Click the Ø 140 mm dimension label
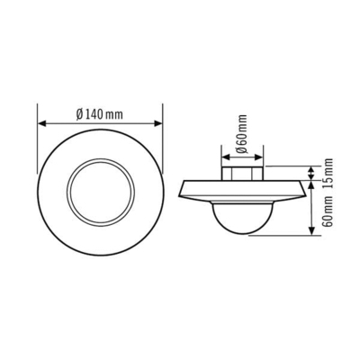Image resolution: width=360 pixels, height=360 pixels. click(x=99, y=113)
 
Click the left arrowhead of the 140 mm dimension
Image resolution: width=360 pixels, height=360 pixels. click(x=40, y=124)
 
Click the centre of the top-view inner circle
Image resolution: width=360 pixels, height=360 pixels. click(x=100, y=193)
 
